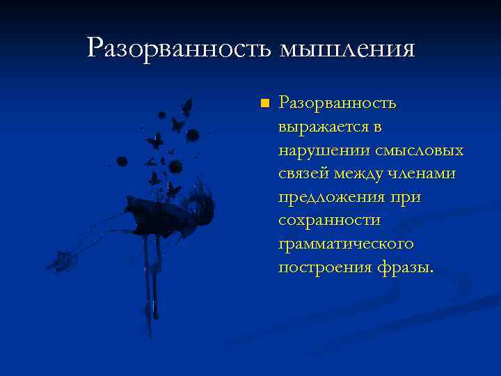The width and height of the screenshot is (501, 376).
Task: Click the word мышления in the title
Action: [347, 49]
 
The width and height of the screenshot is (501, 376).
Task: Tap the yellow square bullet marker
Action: [263, 104]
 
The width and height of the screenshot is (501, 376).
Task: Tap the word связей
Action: [303, 174]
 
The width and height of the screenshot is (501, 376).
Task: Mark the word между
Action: [362, 174]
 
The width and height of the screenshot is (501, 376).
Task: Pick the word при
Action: [406, 198]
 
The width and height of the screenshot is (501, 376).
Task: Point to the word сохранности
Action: [329, 221]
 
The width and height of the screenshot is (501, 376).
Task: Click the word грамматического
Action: [346, 244]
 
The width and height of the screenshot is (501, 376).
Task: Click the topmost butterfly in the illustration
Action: [186, 107]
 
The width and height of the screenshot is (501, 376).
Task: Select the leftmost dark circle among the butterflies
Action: [122, 161]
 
